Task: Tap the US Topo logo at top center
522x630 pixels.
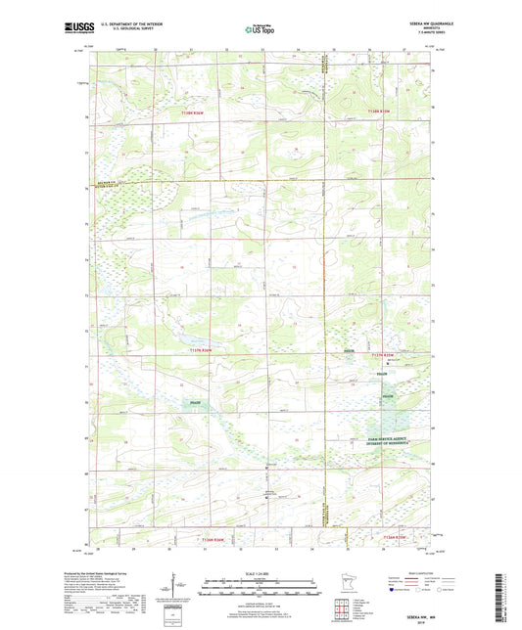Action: [260, 29]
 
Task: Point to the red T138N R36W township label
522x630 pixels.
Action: [194, 113]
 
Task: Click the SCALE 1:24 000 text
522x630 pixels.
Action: [260, 574]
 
